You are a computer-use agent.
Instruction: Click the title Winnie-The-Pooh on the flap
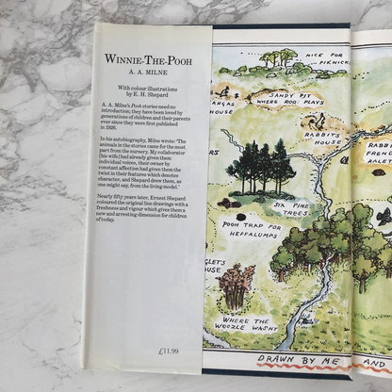tap(151, 58)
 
